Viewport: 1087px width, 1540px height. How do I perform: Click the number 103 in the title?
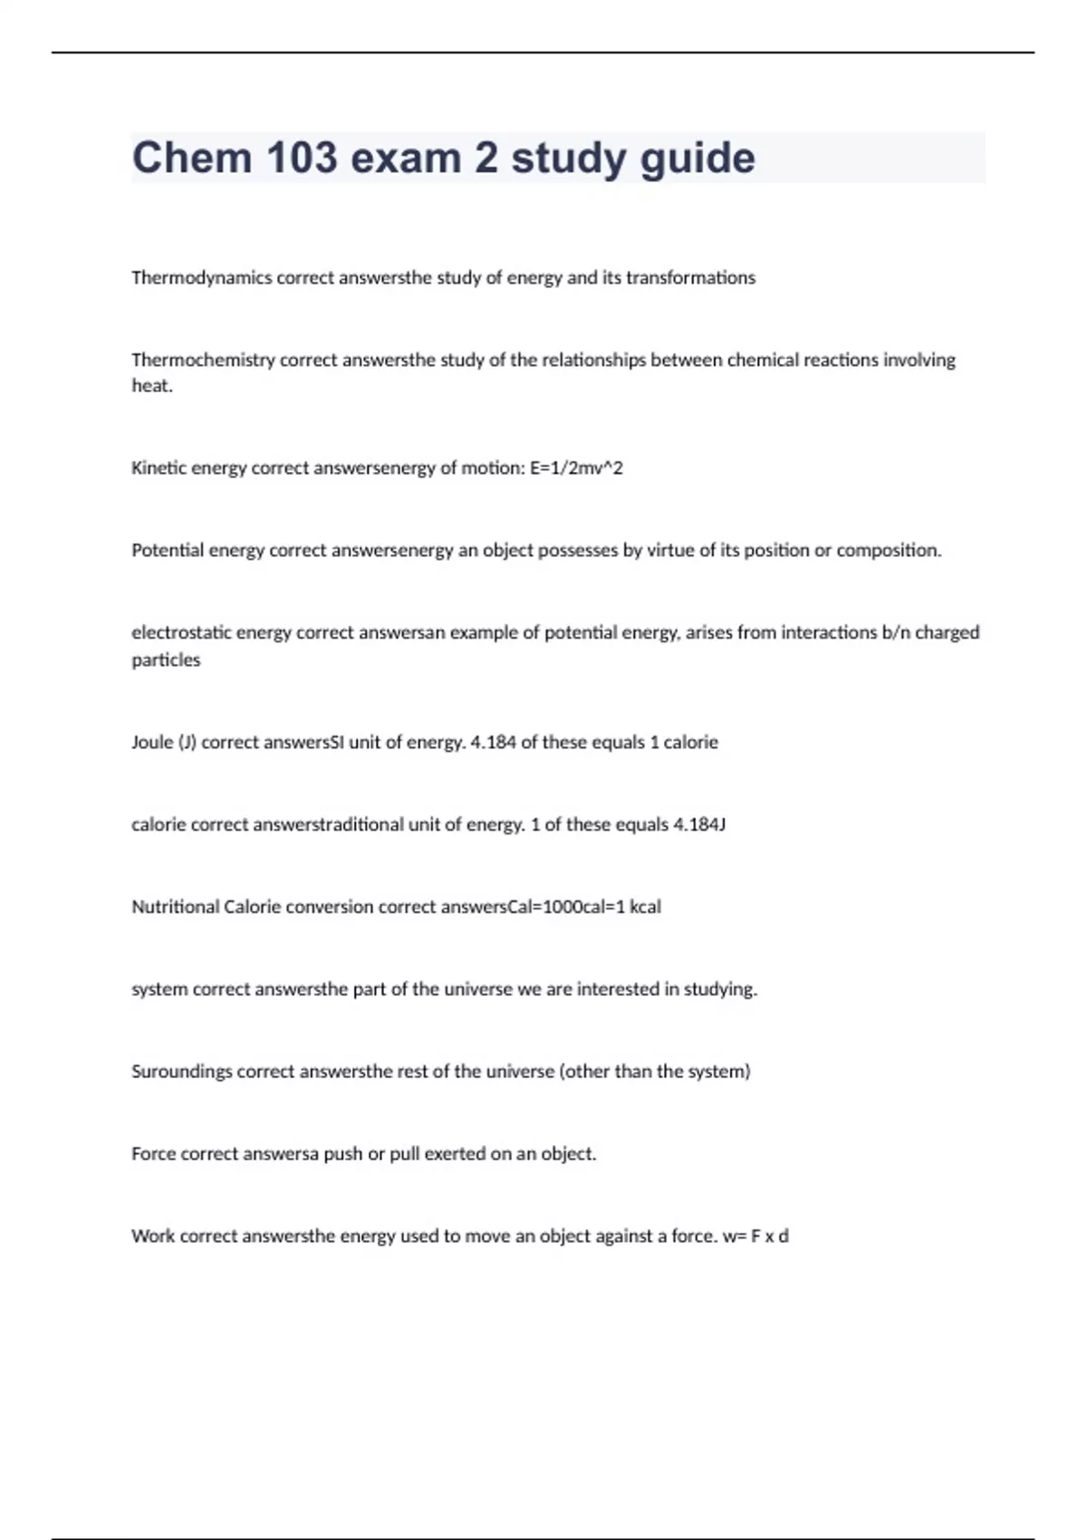pos(302,159)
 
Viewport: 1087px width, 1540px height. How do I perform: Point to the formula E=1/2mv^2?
pos(576,468)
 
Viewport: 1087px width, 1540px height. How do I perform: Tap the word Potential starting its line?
pos(168,551)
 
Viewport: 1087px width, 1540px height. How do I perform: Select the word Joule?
pos(151,743)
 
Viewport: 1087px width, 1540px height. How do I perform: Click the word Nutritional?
pos(175,908)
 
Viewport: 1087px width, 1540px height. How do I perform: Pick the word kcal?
pos(645,908)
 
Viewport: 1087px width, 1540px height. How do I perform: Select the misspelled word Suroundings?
pos(181,1073)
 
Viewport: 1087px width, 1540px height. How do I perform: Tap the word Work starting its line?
pos(153,1237)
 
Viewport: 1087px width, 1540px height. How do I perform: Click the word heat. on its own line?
pos(151,387)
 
